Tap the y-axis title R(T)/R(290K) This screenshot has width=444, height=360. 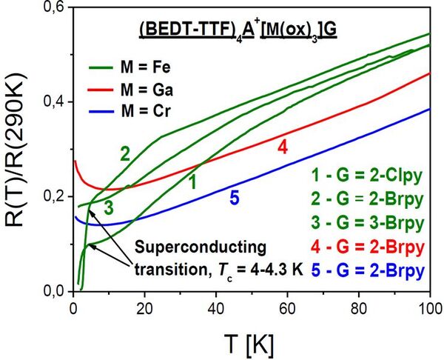(19, 149)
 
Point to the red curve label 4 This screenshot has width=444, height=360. (282, 147)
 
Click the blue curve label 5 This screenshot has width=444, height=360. (234, 199)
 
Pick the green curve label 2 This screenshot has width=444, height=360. (125, 154)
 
